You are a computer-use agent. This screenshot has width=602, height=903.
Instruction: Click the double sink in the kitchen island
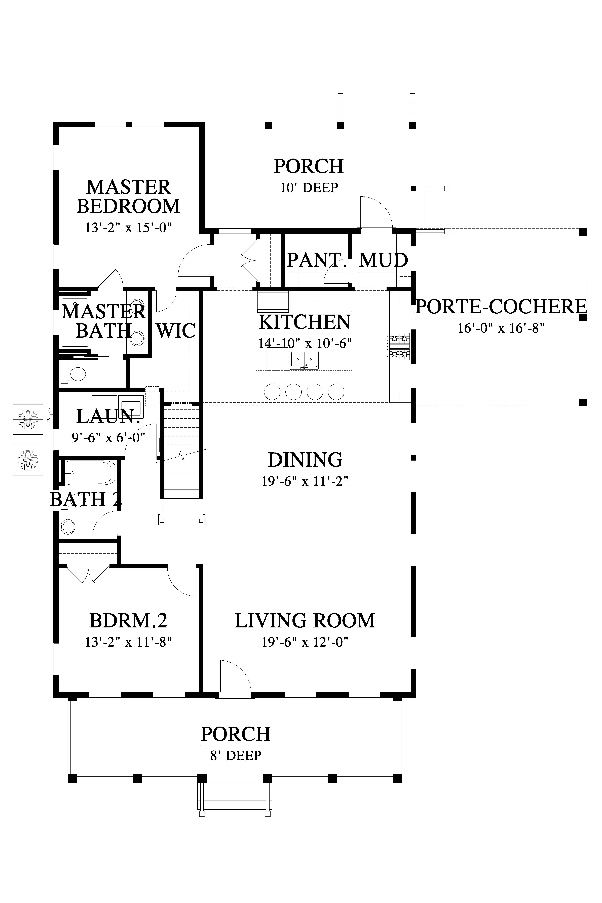(x=304, y=360)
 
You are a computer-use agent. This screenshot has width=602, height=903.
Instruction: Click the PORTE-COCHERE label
(x=501, y=307)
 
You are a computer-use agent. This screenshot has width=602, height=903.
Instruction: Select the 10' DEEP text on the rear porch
(x=309, y=188)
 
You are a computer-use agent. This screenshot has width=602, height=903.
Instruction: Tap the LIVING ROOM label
(x=305, y=621)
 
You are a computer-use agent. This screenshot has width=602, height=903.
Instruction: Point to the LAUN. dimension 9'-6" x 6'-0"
(x=109, y=438)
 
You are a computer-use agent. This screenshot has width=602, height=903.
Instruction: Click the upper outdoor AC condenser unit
(x=28, y=419)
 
